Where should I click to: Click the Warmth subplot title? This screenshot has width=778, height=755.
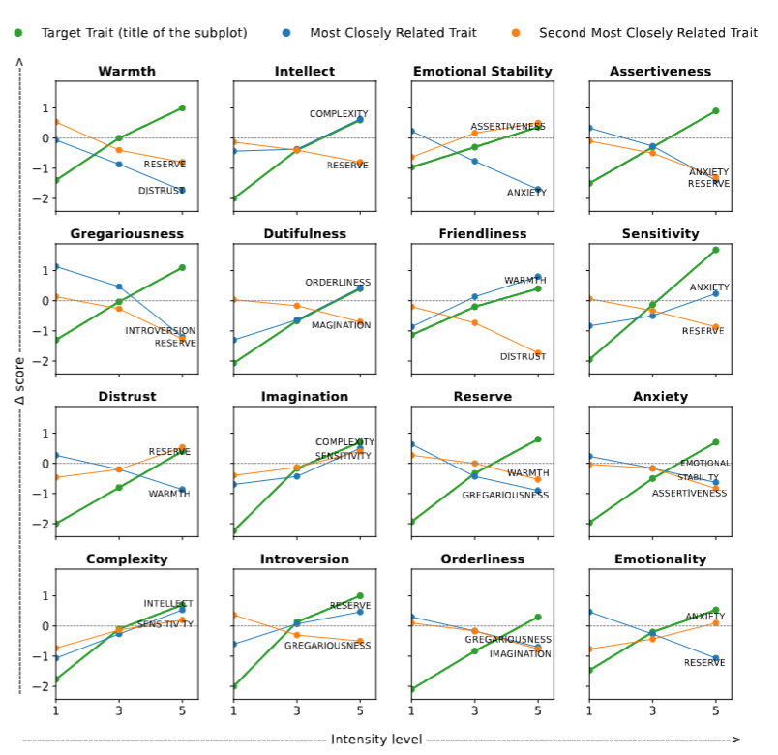coord(127,72)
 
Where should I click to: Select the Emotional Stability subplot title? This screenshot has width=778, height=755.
coord(482,72)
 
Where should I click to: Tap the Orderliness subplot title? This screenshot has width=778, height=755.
coord(482,559)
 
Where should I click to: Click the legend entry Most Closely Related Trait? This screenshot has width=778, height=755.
coord(393,33)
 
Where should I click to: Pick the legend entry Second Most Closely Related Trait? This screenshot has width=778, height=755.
coord(647,33)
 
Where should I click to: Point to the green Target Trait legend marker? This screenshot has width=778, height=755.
coord(17,33)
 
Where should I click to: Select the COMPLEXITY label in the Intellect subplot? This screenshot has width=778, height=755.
coord(339,114)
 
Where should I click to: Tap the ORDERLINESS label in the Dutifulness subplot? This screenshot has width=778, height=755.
coord(338,283)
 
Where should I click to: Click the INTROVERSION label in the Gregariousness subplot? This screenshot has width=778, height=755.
coord(160,331)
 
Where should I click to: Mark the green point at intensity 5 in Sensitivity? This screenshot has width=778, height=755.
coord(716,250)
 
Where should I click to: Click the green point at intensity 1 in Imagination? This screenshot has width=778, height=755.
coord(233,530)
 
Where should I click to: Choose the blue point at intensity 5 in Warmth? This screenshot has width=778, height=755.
coord(182,191)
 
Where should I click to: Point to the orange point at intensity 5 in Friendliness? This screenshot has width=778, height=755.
coord(538,353)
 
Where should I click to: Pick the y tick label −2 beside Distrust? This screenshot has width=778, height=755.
coord(42,525)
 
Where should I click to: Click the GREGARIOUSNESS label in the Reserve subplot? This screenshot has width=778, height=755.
coord(505,496)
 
